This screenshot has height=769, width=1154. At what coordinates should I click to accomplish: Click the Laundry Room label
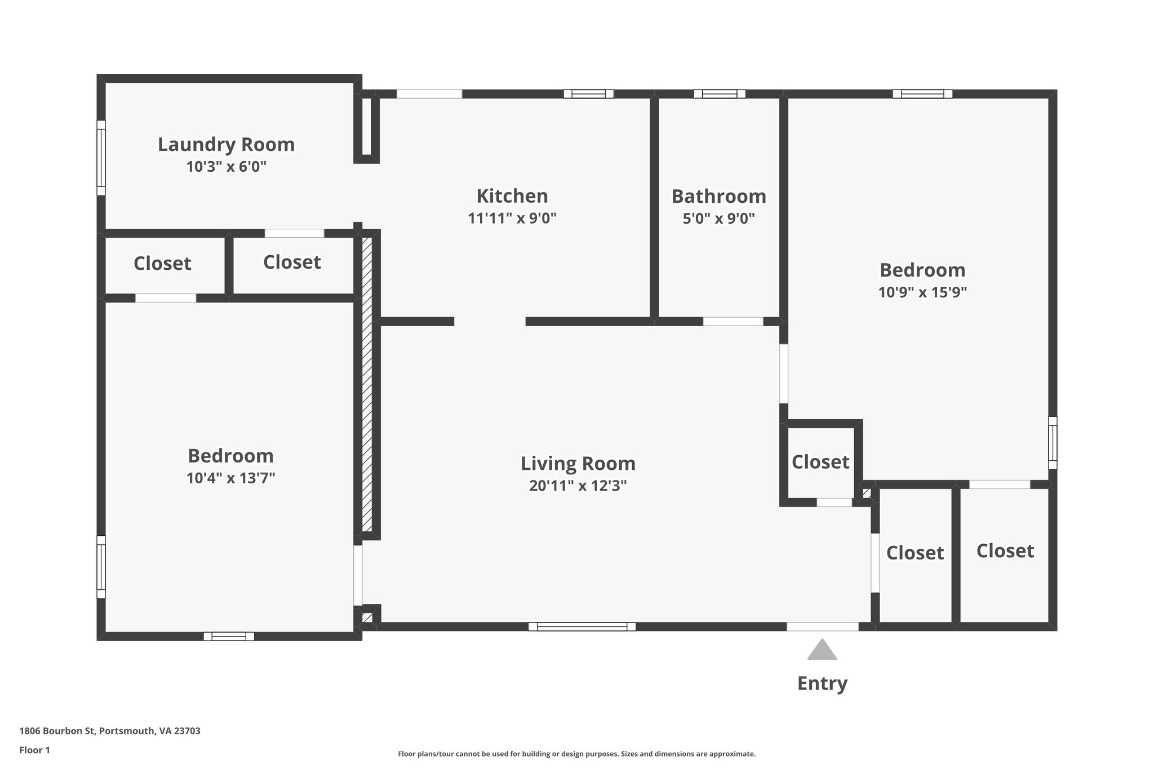(226, 145)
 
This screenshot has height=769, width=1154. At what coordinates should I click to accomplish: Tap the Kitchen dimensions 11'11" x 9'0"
(512, 218)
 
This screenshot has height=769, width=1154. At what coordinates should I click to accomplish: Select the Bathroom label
(718, 197)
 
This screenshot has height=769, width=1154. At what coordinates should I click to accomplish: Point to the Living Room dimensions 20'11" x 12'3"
(578, 486)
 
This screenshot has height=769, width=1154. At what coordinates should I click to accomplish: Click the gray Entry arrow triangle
(822, 650)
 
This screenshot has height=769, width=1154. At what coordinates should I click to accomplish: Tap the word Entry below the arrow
(822, 683)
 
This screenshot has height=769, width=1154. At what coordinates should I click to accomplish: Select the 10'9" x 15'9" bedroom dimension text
(922, 292)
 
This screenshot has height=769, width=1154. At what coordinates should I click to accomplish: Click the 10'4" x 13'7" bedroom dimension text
(230, 478)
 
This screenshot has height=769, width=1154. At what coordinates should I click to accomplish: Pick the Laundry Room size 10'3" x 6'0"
(226, 167)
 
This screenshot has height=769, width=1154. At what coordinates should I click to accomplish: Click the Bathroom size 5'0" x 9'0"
(718, 219)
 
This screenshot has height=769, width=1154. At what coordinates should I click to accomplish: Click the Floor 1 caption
(35, 750)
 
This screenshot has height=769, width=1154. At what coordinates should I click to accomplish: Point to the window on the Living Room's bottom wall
(582, 626)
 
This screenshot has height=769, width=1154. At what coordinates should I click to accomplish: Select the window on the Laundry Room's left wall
(101, 158)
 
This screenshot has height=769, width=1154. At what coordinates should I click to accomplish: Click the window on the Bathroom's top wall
(720, 94)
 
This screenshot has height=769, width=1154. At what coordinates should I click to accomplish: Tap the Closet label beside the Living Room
(820, 462)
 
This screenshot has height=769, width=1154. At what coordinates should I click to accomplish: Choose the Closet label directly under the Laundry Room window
(162, 264)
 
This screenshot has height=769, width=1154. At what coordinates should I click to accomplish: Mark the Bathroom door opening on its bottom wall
(733, 322)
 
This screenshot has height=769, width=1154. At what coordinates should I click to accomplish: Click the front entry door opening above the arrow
(822, 626)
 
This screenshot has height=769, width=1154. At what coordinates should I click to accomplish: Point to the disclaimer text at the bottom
(576, 754)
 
